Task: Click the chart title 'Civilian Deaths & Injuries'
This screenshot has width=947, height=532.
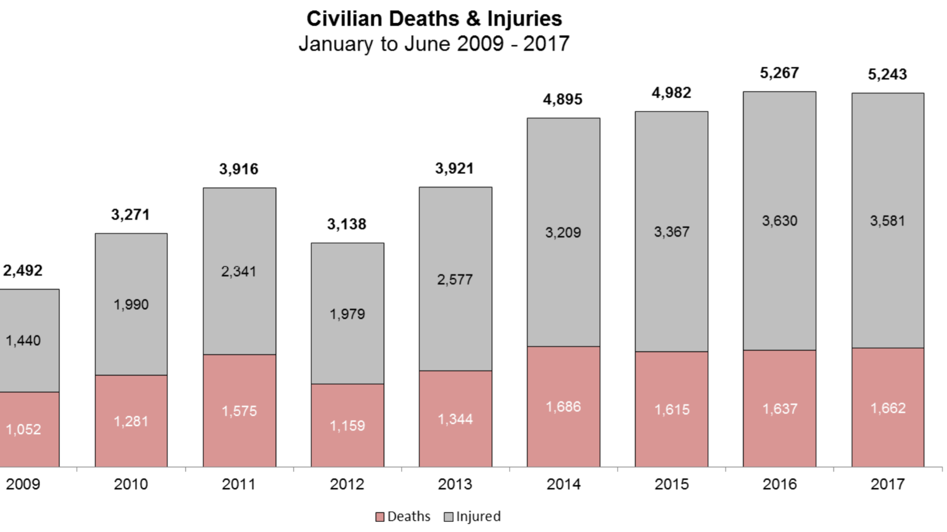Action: click(x=434, y=19)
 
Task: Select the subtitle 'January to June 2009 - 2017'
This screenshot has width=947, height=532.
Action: click(x=434, y=44)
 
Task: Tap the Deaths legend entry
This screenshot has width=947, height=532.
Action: click(x=403, y=517)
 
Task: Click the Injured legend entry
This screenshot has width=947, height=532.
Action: click(x=473, y=517)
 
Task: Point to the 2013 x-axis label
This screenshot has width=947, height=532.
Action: click(x=455, y=484)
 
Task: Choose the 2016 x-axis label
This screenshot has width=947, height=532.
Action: click(x=780, y=484)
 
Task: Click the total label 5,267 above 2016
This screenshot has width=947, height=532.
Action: click(x=779, y=73)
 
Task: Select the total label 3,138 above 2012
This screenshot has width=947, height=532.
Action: click(x=347, y=224)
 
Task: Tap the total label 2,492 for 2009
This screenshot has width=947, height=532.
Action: click(x=23, y=271)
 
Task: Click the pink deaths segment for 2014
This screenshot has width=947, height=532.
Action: click(x=563, y=407)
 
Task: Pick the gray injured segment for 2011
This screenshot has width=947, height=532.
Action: click(x=240, y=272)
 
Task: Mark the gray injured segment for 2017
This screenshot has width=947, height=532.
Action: click(x=888, y=221)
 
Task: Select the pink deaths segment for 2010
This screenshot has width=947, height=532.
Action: click(x=131, y=421)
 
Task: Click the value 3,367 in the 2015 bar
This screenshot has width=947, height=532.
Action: click(x=672, y=232)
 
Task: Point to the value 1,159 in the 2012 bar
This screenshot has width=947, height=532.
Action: click(x=347, y=426)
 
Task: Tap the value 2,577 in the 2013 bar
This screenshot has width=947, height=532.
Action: click(x=455, y=280)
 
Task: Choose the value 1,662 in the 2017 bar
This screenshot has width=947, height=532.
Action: click(x=888, y=408)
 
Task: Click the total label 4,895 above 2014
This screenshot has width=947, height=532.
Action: click(x=563, y=99)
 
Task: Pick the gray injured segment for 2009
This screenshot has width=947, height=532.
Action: click(x=29, y=341)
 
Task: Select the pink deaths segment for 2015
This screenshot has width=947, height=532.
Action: click(x=671, y=409)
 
